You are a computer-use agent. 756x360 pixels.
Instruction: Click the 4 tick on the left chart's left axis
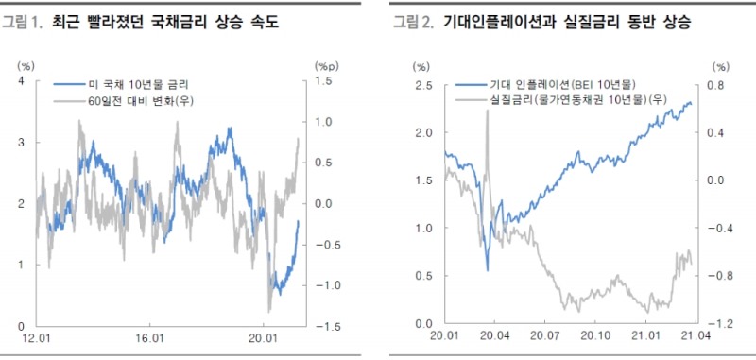click(21, 80)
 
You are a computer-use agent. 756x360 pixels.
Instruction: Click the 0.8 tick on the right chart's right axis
click(716, 86)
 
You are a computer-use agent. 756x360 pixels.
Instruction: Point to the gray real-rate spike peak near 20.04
click(487, 111)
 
